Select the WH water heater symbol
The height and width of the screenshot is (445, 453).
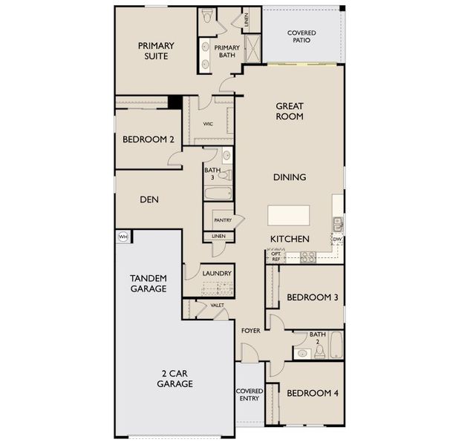tap(123, 237)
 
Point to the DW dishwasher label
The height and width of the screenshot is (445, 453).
tap(337, 240)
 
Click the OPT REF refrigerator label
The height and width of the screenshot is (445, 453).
tap(276, 256)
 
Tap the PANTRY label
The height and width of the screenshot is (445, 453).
tap(222, 220)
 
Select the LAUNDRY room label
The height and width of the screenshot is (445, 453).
tap(218, 273)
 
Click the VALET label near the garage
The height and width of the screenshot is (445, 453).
tap(218, 305)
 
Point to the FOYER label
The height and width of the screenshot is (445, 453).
tap(250, 330)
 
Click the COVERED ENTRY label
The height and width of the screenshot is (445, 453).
tap(250, 395)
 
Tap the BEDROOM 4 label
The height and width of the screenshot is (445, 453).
tap(312, 393)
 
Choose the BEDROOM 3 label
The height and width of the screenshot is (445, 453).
tap(313, 297)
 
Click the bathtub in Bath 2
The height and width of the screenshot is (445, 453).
tap(336, 346)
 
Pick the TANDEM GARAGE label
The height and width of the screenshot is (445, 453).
tap(148, 283)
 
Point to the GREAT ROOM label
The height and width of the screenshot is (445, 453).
tap(289, 111)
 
